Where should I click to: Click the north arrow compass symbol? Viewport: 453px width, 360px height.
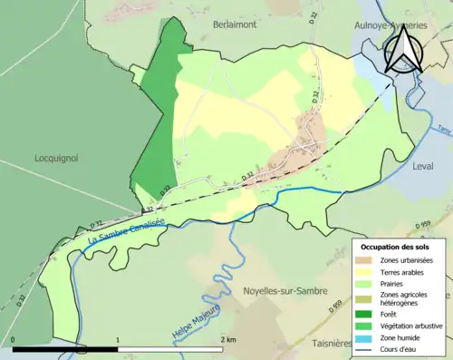click(404, 49)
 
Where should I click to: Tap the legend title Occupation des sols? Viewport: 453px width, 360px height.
click(395, 247)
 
